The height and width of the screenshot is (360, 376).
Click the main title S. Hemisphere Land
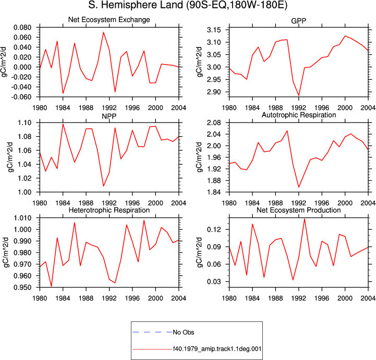[136, 5]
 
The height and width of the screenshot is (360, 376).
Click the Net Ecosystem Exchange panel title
[109, 20]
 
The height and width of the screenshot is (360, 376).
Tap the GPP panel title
[298, 21]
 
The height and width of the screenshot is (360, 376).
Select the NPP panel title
[109, 116]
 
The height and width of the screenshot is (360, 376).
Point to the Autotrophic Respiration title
[298, 115]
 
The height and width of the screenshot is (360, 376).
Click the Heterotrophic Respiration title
[109, 210]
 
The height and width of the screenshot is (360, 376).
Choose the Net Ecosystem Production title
[298, 210]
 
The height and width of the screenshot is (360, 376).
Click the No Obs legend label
[184, 332]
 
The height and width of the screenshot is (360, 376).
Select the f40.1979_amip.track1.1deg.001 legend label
[217, 349]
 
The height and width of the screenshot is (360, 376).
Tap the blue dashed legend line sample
[152, 332]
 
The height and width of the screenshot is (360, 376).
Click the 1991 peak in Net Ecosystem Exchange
[103, 32]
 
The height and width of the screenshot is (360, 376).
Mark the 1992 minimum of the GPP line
[299, 95]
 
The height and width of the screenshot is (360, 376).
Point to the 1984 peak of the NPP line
[63, 124]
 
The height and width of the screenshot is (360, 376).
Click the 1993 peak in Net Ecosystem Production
[305, 219]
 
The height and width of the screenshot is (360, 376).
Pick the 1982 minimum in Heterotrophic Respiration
[51, 286]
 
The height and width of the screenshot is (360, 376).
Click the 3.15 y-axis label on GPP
[214, 30]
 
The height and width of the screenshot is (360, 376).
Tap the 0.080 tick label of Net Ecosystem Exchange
[22, 28]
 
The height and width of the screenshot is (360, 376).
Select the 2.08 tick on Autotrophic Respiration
[214, 123]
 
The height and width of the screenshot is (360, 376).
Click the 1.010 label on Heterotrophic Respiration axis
[22, 218]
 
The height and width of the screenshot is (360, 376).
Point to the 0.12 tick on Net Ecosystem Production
[214, 230]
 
